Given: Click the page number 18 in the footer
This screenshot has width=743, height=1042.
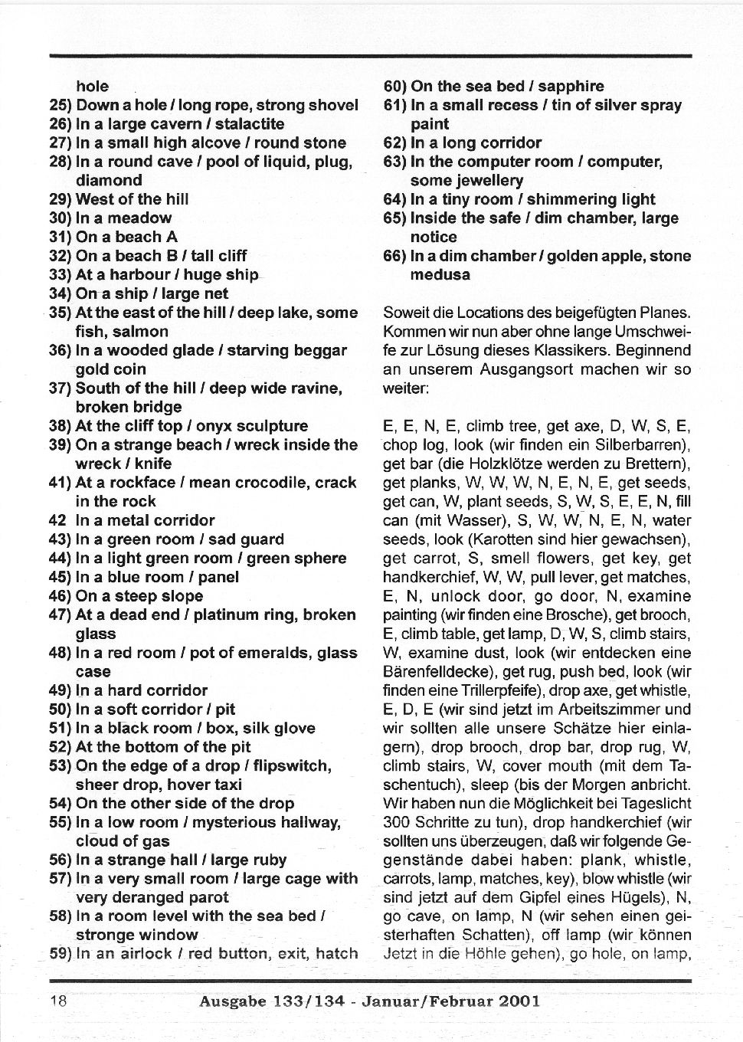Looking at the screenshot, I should pos(58,1001).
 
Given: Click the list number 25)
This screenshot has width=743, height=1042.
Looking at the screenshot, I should pos(61,105).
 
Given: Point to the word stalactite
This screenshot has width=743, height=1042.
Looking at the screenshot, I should pos(250,124).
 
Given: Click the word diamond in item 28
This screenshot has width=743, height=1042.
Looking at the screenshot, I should pos(109,181).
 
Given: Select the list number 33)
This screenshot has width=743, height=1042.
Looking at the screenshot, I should pos(61,274).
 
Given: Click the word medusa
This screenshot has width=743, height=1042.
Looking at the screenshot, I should pos(440,275).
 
